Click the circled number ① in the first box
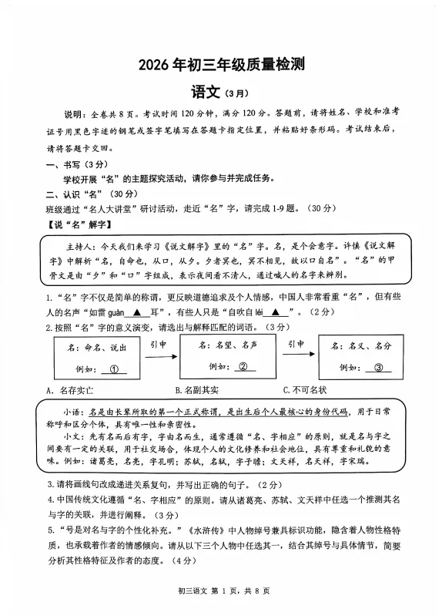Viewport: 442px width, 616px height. click(x=117, y=369)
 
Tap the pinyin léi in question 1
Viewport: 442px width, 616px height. click(x=258, y=312)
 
